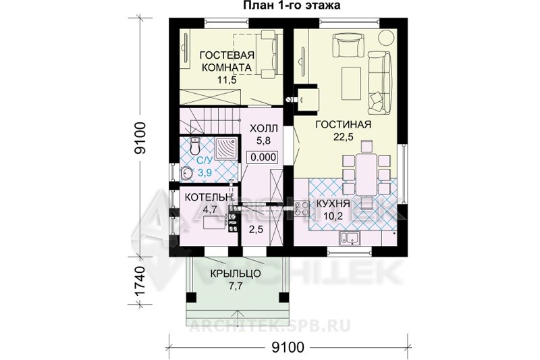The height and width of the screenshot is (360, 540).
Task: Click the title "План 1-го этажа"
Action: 292,5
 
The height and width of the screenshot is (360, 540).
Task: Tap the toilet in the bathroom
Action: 195,146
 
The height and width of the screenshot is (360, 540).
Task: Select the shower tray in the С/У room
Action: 225,149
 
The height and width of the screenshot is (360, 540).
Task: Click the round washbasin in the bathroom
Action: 186,172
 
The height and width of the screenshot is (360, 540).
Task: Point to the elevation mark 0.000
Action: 263,157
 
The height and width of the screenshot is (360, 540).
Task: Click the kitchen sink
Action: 350,238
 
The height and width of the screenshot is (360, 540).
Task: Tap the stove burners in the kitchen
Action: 301,209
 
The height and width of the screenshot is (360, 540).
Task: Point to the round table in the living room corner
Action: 387,37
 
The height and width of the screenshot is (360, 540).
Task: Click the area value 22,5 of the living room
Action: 343,136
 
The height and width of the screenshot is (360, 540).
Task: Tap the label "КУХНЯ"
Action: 333,204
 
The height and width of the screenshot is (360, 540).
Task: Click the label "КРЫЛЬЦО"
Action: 235,274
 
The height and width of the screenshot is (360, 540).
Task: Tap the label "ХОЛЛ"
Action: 263,129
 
